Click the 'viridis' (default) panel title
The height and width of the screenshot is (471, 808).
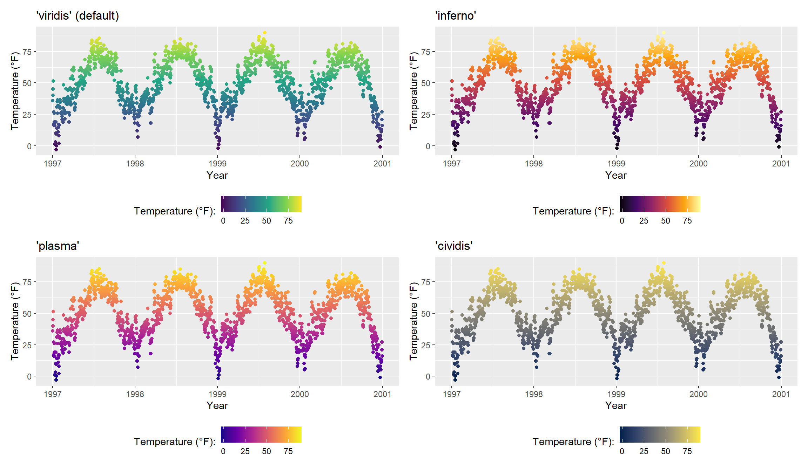point(78,16)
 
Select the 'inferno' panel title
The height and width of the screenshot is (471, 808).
point(456,16)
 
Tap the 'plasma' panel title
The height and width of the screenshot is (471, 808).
point(58,246)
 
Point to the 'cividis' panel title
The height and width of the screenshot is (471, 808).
point(454,246)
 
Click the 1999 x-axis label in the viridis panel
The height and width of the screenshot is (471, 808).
point(217,164)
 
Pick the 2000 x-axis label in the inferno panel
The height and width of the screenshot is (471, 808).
point(699,164)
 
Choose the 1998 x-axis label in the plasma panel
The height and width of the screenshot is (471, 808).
point(135,394)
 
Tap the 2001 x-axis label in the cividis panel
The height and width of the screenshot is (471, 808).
point(781,394)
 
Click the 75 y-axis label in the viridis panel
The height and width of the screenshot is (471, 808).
point(27,52)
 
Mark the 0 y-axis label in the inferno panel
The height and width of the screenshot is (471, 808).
point(428,146)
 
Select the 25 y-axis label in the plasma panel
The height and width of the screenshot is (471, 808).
point(27,345)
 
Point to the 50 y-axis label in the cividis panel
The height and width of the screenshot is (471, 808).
point(426,314)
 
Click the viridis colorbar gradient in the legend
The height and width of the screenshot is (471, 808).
point(261,204)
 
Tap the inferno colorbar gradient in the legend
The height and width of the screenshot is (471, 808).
point(660,204)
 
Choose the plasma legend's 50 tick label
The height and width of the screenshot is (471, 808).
point(267,451)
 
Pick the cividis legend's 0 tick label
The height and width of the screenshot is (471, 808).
point(622,451)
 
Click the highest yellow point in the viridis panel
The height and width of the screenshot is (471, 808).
point(265,33)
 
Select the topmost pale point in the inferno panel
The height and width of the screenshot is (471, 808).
point(664,33)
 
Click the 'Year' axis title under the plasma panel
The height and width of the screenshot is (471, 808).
point(217,406)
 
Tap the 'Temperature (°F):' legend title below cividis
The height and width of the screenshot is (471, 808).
point(573,442)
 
